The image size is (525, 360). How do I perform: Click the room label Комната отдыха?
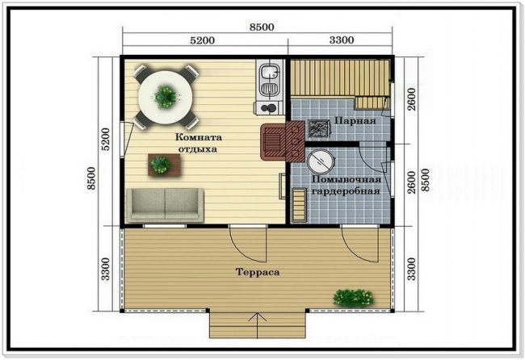tap(199, 143)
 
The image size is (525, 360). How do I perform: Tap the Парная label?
tap(355, 120)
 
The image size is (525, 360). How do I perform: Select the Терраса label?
tap(258, 272)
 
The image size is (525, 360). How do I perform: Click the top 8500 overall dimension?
tap(262, 27)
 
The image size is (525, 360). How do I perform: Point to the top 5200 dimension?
tap(202, 40)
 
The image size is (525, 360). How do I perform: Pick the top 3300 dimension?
tap(341, 40)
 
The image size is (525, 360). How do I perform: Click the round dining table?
tap(166, 97)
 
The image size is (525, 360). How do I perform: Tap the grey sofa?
tap(165, 205)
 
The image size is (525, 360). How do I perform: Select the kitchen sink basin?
tap(269, 72)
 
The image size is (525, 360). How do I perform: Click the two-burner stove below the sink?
tap(269, 107)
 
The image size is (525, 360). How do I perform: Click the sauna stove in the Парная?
tap(319, 129)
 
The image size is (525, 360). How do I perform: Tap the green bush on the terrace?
tap(354, 298)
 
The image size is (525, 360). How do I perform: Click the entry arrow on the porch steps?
tap(258, 325)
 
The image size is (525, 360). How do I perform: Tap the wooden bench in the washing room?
tap(299, 205)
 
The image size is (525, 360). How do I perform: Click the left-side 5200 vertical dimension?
tap(106, 139)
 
